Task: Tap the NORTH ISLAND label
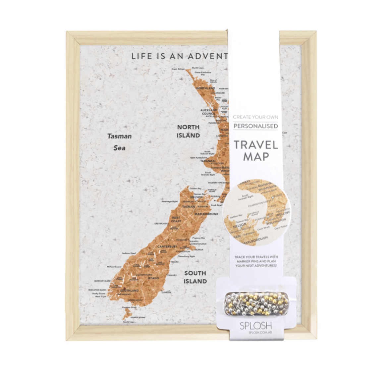point(188,131)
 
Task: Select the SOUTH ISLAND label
point(195,277)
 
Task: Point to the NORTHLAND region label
point(206,88)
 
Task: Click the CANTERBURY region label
point(167,246)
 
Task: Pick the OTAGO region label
point(153,278)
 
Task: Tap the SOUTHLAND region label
point(129,291)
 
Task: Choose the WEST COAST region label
point(176,219)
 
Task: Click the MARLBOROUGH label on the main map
point(206,214)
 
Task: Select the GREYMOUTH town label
point(161,224)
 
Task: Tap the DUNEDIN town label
point(166,292)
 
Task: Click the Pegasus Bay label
point(198,238)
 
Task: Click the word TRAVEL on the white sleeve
point(255,145)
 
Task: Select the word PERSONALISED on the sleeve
point(255,126)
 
